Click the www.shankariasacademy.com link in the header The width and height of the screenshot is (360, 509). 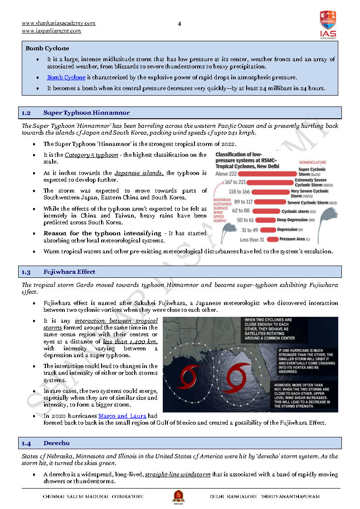click(x=58, y=23)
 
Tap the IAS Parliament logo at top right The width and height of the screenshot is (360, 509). click(x=328, y=24)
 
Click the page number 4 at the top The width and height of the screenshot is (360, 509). click(x=180, y=24)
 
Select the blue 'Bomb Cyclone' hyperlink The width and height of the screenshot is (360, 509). click(x=66, y=78)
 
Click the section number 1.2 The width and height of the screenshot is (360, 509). click(x=26, y=113)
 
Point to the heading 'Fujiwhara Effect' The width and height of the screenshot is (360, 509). click(x=69, y=272)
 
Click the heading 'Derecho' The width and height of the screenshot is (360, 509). click(x=57, y=443)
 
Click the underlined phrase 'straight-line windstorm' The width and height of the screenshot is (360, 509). click(x=177, y=475)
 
